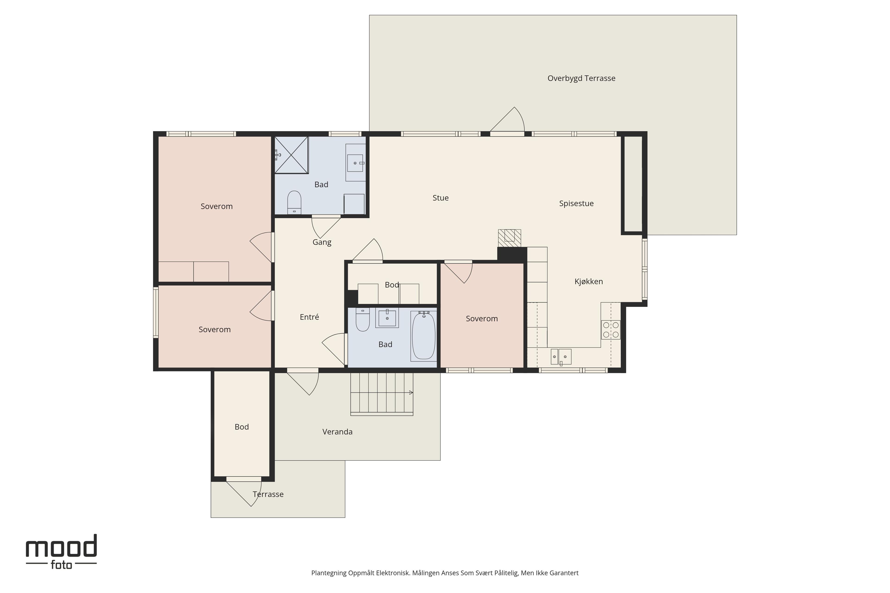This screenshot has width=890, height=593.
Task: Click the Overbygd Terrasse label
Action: click(x=581, y=78)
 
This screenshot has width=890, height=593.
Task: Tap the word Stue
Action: click(x=440, y=198)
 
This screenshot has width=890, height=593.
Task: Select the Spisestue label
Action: click(x=576, y=203)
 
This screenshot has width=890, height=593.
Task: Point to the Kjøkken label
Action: click(x=588, y=281)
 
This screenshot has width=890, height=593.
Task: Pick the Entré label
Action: click(x=309, y=317)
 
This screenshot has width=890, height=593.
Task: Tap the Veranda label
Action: click(x=337, y=432)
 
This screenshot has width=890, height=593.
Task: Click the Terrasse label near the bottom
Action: click(x=268, y=494)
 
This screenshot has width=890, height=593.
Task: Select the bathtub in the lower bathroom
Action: click(x=423, y=335)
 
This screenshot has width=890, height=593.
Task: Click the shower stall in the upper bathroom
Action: click(x=291, y=155)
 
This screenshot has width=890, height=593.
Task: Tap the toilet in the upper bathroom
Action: click(x=294, y=202)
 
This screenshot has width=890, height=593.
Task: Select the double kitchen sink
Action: click(x=561, y=357)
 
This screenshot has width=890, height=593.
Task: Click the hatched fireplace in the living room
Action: click(x=509, y=238)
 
